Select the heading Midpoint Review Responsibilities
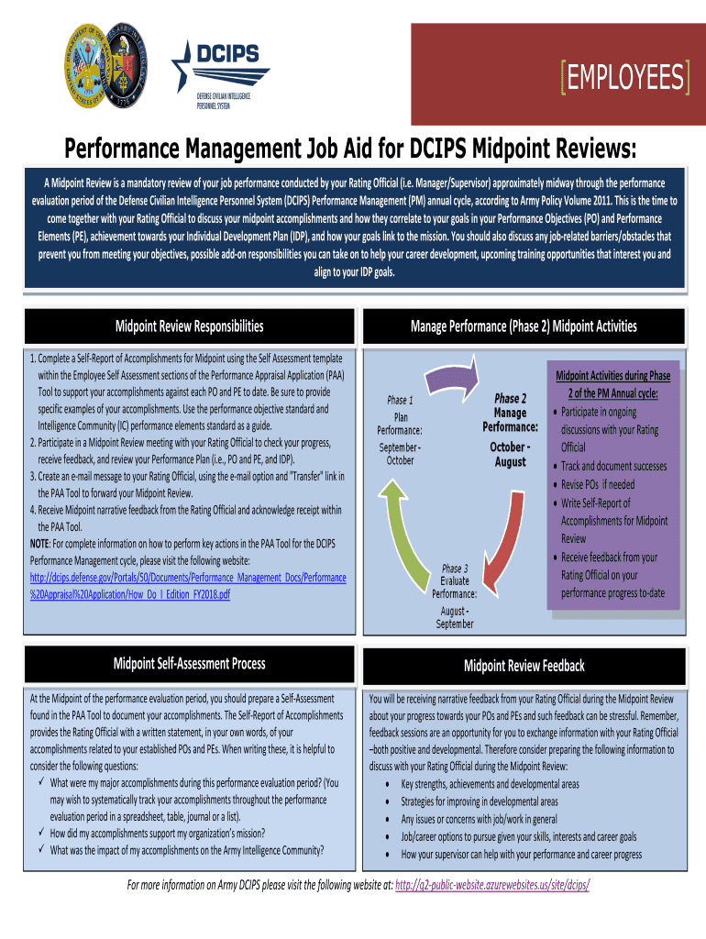pyautogui.click(x=189, y=326)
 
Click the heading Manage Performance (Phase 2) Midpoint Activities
pyautogui.click(x=524, y=326)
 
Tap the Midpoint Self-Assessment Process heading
pyautogui.click(x=189, y=664)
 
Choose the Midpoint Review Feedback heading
pyautogui.click(x=524, y=666)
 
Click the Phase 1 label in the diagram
pyautogui.click(x=400, y=400)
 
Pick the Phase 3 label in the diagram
pyautogui.click(x=455, y=569)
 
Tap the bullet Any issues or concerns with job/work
pyautogui.click(x=480, y=819)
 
